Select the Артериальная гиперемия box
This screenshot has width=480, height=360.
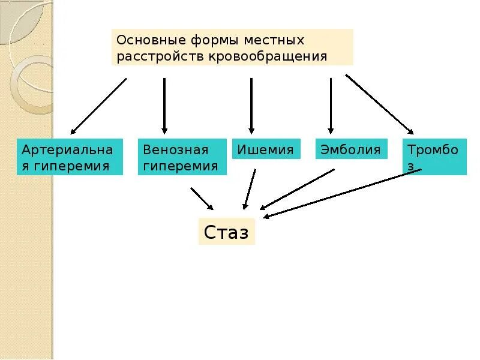(70, 157)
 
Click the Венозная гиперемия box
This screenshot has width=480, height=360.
(182, 157)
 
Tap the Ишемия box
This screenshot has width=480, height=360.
(266, 149)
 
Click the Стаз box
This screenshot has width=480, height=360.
(226, 232)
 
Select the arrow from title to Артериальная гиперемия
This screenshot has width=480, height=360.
(99, 106)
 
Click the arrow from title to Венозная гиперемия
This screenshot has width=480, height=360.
(164, 105)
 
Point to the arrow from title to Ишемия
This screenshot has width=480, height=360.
(251, 105)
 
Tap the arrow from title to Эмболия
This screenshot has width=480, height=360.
(331, 105)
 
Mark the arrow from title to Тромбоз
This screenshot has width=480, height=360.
(379, 104)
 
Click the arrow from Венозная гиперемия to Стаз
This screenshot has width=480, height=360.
(202, 199)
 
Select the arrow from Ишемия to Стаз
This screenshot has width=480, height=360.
(250, 188)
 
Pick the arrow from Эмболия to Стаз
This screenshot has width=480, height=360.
(297, 189)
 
